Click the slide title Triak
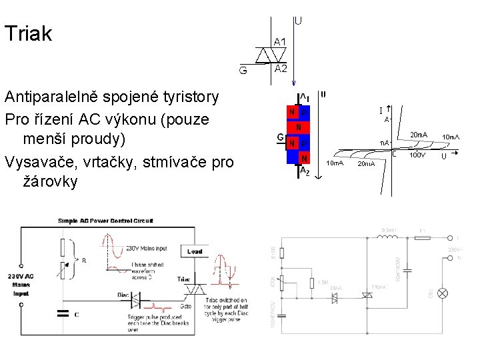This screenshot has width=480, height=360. (x=28, y=34)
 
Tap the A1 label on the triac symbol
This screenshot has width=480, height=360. (x=281, y=42)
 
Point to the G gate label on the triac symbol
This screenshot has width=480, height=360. (x=243, y=69)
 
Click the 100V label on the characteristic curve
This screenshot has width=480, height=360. (x=417, y=155)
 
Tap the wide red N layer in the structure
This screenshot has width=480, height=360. (x=299, y=127)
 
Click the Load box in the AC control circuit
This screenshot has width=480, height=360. (x=195, y=251)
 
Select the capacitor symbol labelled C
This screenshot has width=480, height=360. (x=63, y=313)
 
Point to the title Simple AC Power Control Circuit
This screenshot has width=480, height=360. (x=105, y=220)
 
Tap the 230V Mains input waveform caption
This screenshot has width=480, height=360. (x=151, y=249)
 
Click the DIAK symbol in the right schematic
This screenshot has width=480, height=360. (x=335, y=298)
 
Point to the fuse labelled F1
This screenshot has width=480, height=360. (x=422, y=238)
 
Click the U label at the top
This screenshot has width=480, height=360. (x=297, y=21)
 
